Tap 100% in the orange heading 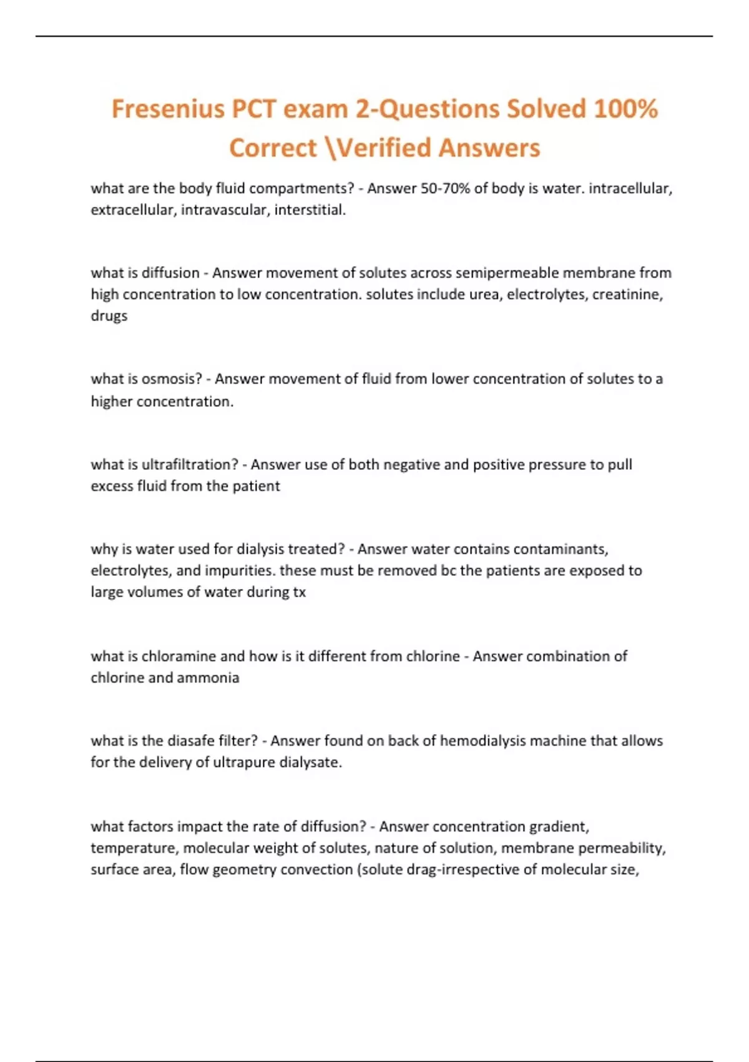pos(625,109)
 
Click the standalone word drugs pos(109,316)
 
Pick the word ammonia pos(208,678)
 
